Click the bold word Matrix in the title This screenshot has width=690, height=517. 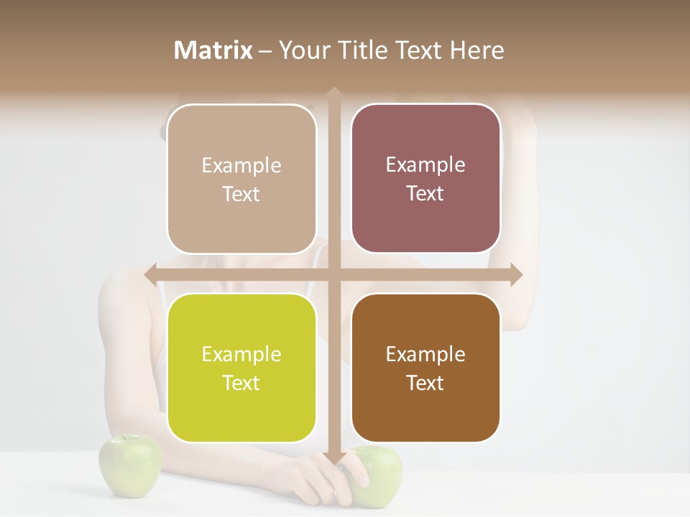coord(213,50)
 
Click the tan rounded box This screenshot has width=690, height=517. coord(241,180)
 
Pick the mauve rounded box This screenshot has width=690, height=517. coord(425,179)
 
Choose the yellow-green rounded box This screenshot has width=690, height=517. coord(241,368)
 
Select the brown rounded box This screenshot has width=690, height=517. coord(425,368)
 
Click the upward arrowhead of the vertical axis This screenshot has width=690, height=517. coord(333,93)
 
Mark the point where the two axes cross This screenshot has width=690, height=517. coord(333,274)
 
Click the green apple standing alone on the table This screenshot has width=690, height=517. coord(129,465)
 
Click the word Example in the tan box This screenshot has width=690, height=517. coord(241,166)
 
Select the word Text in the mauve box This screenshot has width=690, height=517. coord(425,194)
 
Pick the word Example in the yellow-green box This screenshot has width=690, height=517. coord(241,355)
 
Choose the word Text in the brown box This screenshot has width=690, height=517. coord(425,383)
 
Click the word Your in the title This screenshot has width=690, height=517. coord(301,50)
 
